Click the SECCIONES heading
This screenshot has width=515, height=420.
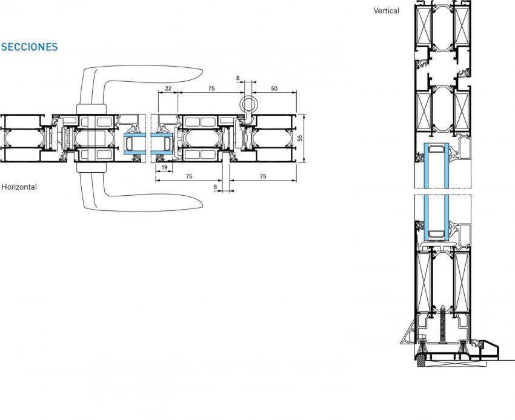pos(30,47)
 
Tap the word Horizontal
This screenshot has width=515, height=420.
pos(19,187)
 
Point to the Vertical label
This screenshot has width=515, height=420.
pos(387,10)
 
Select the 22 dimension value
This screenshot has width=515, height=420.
pos(168,88)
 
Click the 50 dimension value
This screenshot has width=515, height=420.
pos(274,88)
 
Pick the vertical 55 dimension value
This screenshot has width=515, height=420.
pos(300,138)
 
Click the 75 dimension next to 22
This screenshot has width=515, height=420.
pos(211,88)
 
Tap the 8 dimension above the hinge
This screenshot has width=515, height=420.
pos(238,78)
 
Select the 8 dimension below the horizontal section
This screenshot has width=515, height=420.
pos(216,187)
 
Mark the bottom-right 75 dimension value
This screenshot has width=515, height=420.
pos(262,176)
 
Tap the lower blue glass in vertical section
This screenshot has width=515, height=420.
pos(436,215)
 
